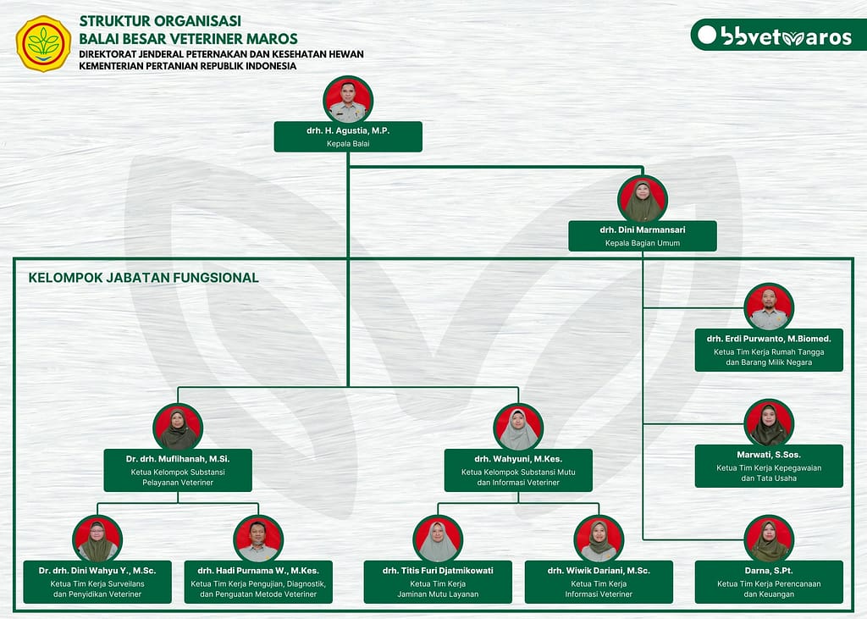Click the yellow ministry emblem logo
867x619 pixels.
43,43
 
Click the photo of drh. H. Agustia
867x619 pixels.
348,100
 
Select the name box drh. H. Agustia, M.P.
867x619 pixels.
348,136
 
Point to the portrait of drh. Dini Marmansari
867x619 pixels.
643,199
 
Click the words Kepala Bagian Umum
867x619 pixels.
643,243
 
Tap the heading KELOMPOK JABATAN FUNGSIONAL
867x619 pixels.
144,277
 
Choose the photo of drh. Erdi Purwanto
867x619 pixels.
769,307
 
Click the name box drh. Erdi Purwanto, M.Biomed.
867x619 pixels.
769,349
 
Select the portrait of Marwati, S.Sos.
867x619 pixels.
769,423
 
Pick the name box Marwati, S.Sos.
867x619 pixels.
769,466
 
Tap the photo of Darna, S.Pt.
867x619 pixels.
769,539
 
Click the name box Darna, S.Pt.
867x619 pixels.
769,582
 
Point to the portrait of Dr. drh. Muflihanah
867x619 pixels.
178,427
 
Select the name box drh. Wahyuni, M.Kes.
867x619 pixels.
518,470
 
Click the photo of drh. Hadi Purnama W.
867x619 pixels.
258,539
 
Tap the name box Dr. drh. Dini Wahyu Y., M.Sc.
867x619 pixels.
97,582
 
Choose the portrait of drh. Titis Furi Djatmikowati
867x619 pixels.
438,539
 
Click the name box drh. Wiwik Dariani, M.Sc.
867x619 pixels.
599,582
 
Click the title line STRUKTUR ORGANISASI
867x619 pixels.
160,20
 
